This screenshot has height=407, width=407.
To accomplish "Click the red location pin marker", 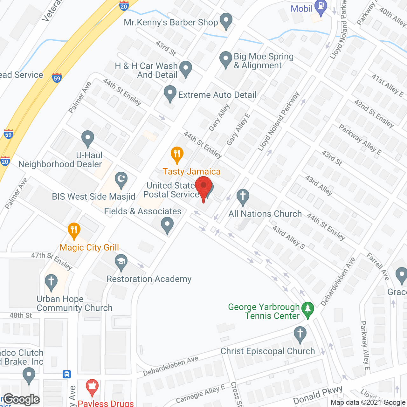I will (203, 186).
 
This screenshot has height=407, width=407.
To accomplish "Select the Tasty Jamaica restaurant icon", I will (177, 154).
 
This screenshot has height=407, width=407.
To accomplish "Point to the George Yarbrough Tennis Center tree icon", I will (307, 309).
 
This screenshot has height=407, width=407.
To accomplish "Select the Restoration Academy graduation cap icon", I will (121, 262).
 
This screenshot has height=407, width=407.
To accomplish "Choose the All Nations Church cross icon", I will (243, 196).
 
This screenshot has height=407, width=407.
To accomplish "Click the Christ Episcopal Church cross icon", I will (300, 334).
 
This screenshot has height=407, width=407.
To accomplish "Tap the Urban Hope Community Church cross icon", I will (51, 282).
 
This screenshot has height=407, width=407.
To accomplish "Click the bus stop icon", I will (67, 374).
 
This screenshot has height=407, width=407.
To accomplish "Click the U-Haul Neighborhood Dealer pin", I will (87, 138).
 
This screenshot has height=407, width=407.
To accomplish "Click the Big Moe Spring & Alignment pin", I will (226, 59).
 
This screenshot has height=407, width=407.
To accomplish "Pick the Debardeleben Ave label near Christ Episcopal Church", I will (171, 366).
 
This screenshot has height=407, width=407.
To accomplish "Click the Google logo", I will (22, 399).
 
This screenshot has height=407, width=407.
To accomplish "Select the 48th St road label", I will (21, 315).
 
